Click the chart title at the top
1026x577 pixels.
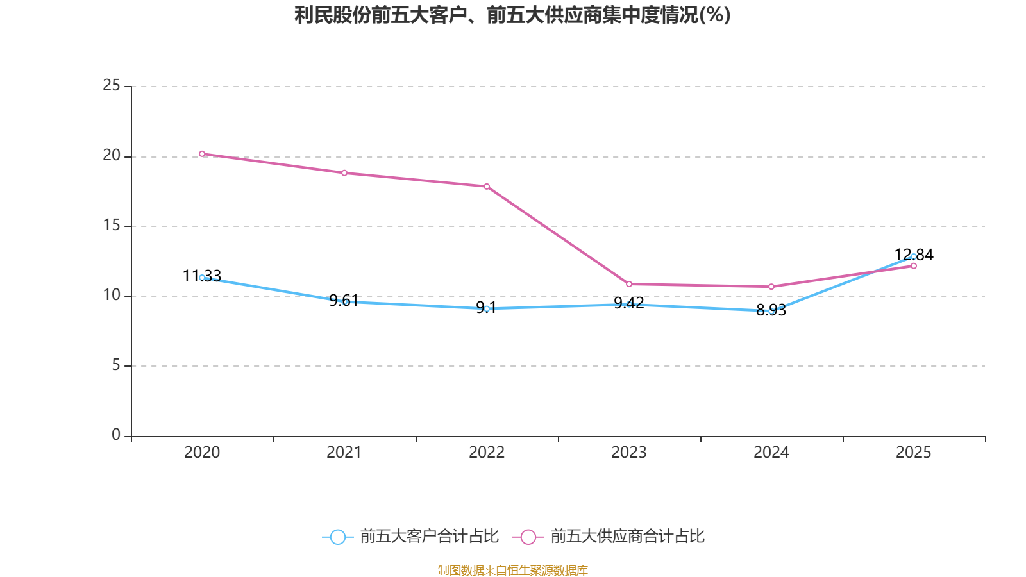point(512,15)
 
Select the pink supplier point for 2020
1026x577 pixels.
point(202,154)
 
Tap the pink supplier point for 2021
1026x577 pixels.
point(344,173)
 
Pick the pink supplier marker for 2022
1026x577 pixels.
point(487,187)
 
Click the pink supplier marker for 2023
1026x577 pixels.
point(629,284)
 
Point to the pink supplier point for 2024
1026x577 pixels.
point(771,287)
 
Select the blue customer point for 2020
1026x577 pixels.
point(202,278)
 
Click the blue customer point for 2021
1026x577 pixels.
point(345,301)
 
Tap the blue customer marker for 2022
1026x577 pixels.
point(487,308)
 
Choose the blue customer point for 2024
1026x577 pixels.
point(771,311)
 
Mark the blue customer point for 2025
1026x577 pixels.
point(914,256)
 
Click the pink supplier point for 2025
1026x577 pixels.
point(914,266)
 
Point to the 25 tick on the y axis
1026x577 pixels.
point(112,85)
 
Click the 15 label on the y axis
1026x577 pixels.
point(112,226)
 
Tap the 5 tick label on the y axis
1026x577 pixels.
point(116,365)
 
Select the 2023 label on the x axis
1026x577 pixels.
point(629,453)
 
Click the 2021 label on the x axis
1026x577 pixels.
point(344,453)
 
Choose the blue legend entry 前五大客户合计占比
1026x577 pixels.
point(410,537)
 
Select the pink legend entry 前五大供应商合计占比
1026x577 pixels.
point(609,537)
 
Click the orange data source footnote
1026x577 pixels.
point(512,570)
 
